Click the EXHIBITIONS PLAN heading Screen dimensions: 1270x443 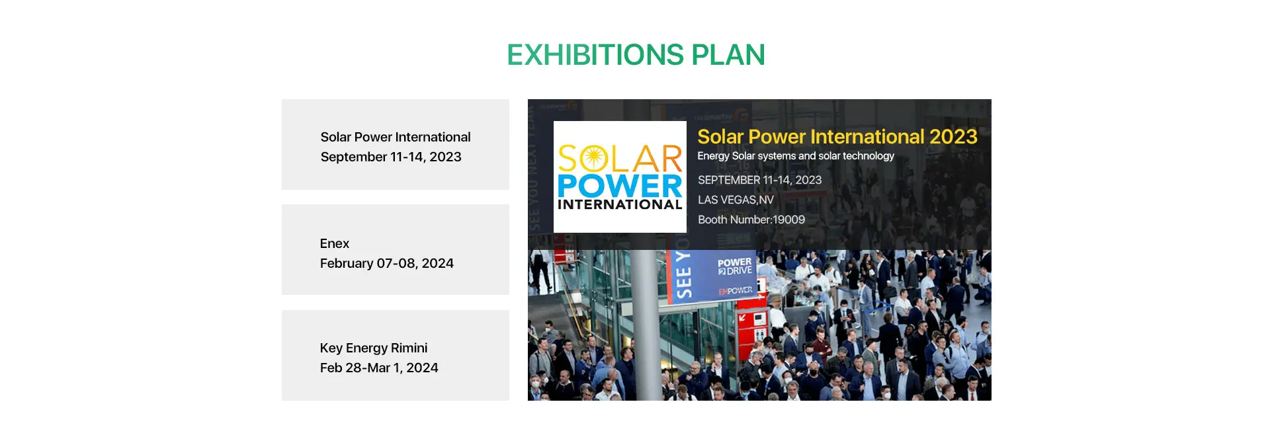point(636,55)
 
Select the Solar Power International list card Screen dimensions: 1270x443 point(396,145)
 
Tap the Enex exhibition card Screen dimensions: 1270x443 point(396,249)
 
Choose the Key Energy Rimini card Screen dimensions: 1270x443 point(396,355)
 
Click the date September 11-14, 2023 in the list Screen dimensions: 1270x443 point(391,157)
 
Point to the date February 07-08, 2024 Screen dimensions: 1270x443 point(387,263)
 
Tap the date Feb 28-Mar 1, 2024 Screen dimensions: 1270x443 point(379,368)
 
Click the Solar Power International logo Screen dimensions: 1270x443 point(620,177)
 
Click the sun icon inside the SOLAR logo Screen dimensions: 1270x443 point(593,159)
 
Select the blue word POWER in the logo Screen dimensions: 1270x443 point(620,186)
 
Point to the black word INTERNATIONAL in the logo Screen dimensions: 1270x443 point(620,204)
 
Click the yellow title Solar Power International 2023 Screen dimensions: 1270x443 point(837,137)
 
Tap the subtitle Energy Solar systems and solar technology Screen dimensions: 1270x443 point(796,156)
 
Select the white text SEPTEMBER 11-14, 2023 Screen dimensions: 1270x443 point(760,180)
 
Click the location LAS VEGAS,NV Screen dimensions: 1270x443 point(736,200)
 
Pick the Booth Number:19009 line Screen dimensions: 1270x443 point(751,220)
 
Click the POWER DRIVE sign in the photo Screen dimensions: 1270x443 point(735,266)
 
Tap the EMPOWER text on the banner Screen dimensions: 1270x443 point(736,291)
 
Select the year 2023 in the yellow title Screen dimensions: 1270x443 point(953,137)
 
